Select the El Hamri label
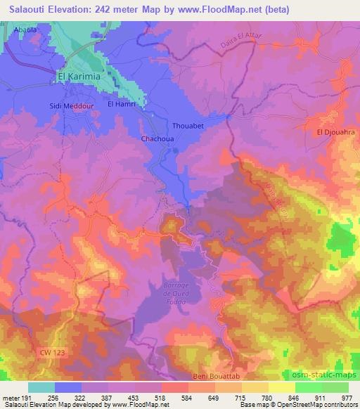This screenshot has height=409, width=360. pyautogui.click(x=120, y=103)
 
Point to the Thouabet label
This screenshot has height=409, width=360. pyautogui.click(x=188, y=126)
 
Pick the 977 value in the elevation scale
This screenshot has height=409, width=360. pyautogui.click(x=346, y=397)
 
